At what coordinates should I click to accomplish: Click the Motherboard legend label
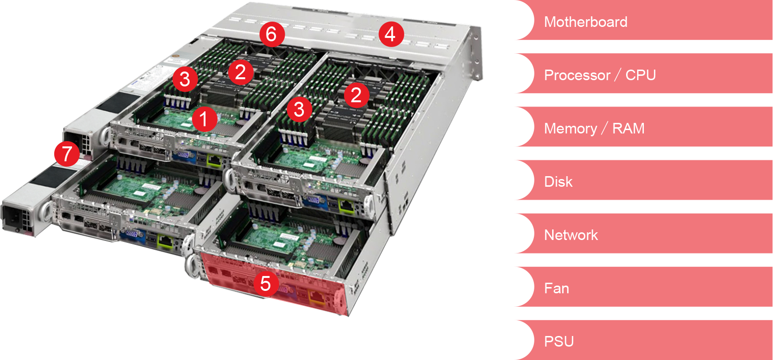(585, 22)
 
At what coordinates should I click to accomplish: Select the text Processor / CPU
(600, 75)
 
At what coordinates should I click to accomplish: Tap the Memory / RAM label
(594, 129)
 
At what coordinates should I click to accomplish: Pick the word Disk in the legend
(558, 182)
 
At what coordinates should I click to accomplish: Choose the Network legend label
(571, 235)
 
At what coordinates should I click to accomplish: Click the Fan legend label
(556, 288)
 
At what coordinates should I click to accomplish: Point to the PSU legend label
(559, 341)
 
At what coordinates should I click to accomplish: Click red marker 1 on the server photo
(204, 119)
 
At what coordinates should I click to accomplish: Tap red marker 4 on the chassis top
(390, 34)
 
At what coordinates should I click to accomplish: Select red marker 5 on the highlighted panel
(266, 283)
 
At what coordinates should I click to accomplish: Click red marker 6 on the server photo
(272, 34)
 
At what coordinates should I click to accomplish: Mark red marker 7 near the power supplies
(67, 154)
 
